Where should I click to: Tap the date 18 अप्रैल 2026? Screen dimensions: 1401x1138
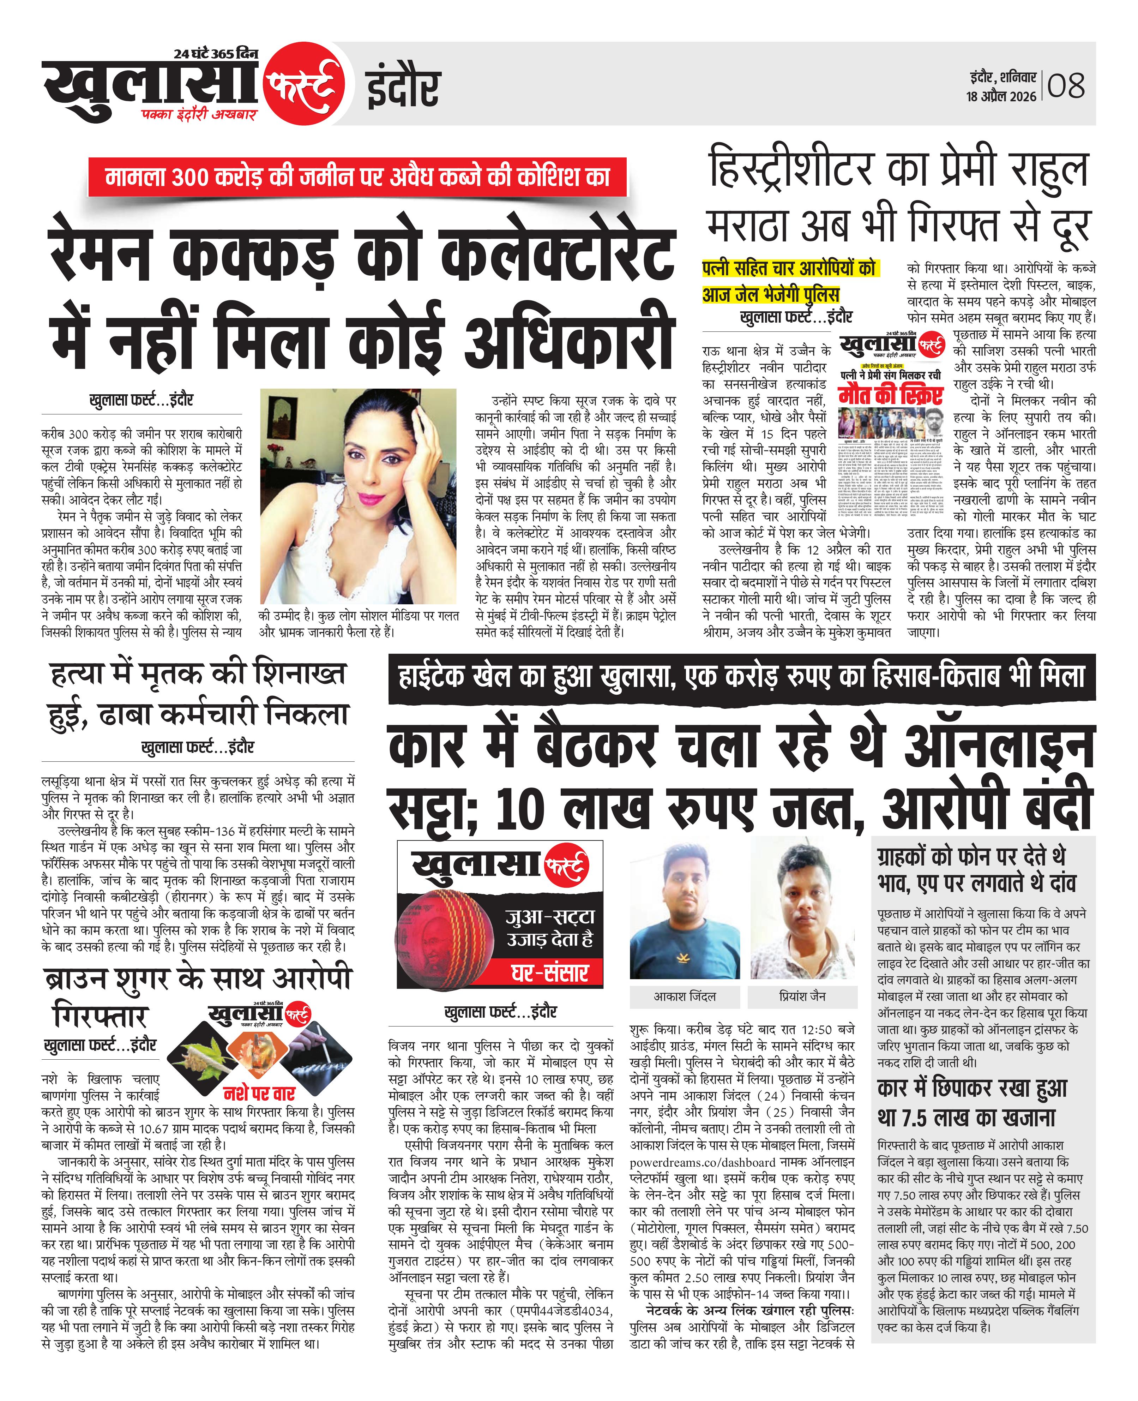coord(1001,96)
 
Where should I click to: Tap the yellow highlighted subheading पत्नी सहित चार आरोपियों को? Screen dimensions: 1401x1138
coord(789,268)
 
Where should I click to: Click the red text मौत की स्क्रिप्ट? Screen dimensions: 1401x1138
coord(890,397)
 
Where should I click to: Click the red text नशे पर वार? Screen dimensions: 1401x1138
coord(260,1093)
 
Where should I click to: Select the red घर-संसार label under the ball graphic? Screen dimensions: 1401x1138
coord(549,973)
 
